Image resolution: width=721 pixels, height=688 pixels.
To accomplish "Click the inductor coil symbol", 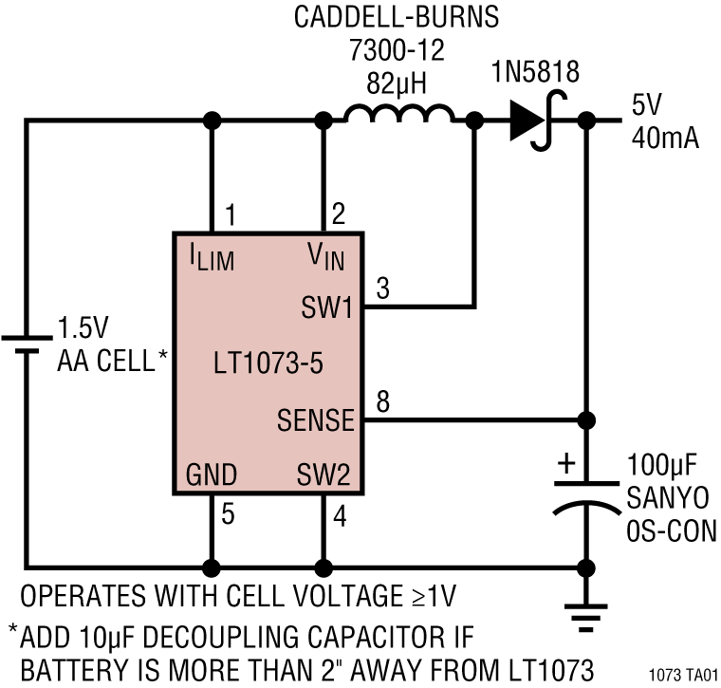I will pos(398,115).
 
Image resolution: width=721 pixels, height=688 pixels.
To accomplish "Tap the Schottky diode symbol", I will pos(527,121).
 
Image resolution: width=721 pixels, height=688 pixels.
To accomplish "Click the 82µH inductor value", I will pos(397,84).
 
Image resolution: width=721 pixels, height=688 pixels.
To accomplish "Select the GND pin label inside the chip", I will pos(211,474).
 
